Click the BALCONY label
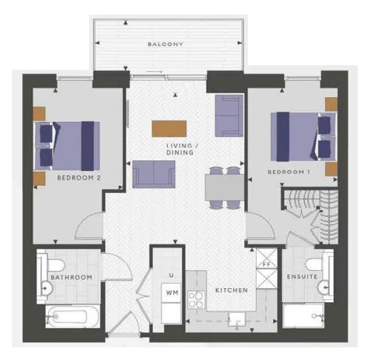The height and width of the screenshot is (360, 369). click(x=165, y=44)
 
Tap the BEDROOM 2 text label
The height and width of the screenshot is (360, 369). click(x=79, y=178)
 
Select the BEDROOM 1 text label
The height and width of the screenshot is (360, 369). click(x=289, y=172)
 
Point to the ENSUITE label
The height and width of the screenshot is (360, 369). click(x=302, y=277)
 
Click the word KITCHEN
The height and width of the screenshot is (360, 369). click(x=231, y=290)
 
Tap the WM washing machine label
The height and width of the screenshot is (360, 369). click(x=172, y=293)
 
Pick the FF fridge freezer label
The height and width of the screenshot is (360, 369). click(x=267, y=264)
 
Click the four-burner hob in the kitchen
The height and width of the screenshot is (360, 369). click(x=195, y=299)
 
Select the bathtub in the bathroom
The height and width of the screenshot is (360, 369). click(x=72, y=316)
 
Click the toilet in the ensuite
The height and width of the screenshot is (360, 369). click(x=316, y=264)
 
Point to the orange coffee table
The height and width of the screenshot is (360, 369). click(x=169, y=128)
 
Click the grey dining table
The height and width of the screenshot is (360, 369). click(x=225, y=188)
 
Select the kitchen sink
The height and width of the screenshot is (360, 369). click(x=237, y=319)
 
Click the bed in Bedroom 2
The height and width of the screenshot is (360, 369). click(x=67, y=146)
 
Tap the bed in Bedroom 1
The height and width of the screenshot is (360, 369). click(x=304, y=137)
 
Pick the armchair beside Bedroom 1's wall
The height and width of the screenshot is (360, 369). click(x=229, y=115)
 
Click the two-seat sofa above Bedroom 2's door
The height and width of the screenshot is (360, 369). click(x=154, y=174)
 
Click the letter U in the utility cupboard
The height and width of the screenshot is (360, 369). click(x=172, y=275)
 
